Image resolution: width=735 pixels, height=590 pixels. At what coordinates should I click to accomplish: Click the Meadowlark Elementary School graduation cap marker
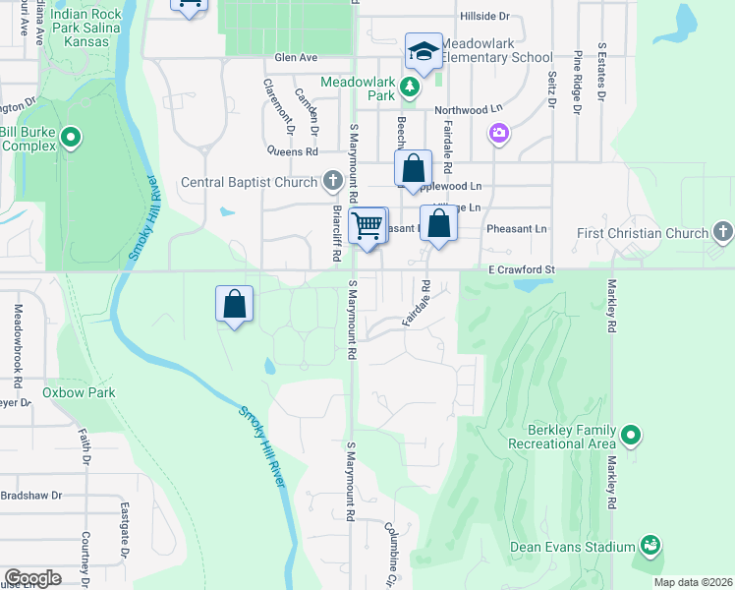click(424, 52)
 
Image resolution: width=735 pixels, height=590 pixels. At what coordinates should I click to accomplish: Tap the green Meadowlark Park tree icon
click(410, 89)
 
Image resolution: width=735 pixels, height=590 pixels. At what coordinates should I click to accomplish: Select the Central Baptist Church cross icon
click(333, 181)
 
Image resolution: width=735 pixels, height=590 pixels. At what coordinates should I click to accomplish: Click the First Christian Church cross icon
click(723, 233)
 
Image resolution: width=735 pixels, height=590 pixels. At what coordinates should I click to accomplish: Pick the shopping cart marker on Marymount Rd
click(368, 226)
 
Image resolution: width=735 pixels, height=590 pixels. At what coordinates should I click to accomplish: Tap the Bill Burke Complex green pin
click(71, 138)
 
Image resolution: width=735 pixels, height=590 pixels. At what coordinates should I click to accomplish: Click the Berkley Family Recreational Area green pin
click(631, 434)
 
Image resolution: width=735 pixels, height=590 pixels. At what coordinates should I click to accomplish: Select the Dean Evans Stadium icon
click(650, 545)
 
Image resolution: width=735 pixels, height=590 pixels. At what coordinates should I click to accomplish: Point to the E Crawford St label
click(522, 269)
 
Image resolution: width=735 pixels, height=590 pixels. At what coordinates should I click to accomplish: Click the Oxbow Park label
click(79, 392)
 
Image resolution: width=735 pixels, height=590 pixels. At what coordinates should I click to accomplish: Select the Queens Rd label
click(293, 151)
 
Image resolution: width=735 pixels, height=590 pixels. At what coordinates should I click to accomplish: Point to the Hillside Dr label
click(485, 17)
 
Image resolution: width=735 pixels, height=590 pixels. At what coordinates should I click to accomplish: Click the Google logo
click(32, 578)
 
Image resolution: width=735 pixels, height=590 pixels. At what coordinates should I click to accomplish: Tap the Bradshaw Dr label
click(31, 495)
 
